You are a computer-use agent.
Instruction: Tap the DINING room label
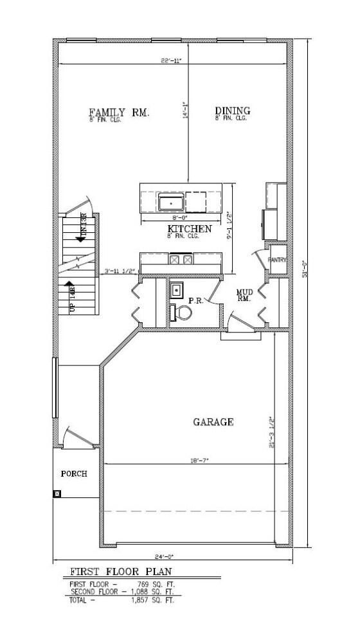tap(232, 111)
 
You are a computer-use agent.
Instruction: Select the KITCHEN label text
tap(190, 229)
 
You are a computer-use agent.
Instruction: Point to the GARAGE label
tap(213, 422)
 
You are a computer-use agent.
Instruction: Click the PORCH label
tap(74, 473)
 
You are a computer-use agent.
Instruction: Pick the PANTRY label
tap(278, 260)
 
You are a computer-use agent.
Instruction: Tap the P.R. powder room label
tap(196, 300)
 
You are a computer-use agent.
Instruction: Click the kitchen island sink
tap(170, 203)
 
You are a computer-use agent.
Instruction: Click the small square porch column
tap(57, 494)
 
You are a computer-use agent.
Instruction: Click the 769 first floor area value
tap(156, 584)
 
